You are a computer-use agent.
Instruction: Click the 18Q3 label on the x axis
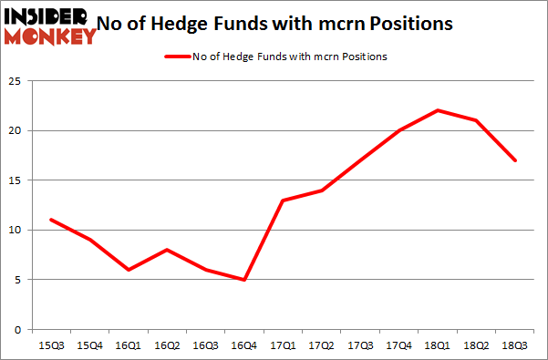click(x=516, y=347)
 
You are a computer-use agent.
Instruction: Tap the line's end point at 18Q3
click(x=516, y=160)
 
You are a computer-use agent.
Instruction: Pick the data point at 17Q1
click(x=283, y=200)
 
